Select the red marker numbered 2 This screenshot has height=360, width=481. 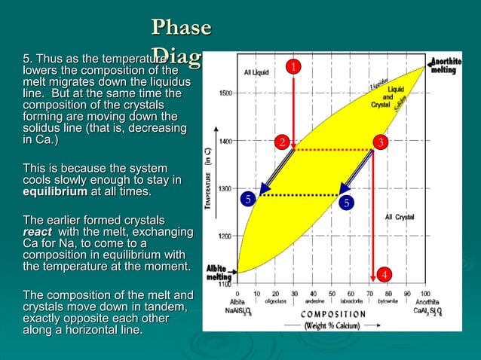point(280,142)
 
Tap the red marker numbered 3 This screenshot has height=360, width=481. point(381,142)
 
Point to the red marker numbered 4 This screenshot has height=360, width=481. point(384,273)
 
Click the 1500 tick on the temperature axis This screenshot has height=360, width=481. point(225,93)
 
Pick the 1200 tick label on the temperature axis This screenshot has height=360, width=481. point(225,236)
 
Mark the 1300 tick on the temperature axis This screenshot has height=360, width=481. point(225,188)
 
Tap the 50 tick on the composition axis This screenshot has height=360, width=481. point(332,294)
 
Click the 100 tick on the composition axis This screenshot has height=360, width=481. point(425,294)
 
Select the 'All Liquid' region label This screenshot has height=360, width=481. point(256,72)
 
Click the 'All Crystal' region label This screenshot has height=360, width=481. point(399,217)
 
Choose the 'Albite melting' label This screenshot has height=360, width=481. point(219,272)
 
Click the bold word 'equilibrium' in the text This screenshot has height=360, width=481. point(55,192)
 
